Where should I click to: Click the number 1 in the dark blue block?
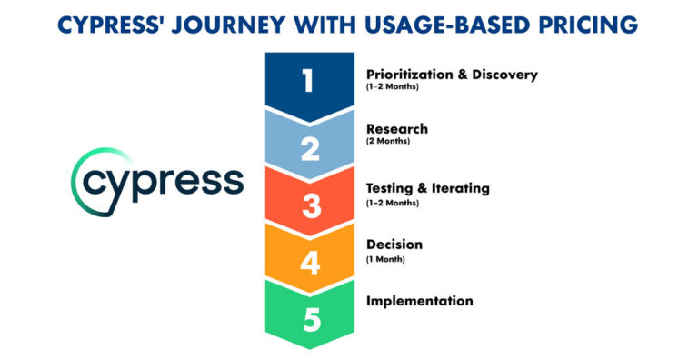(x=310, y=82)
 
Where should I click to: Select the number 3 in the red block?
(x=311, y=205)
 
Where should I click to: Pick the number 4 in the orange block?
(x=311, y=263)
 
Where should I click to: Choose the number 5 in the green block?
(x=311, y=320)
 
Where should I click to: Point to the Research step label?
(x=396, y=129)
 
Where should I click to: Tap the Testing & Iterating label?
(x=427, y=188)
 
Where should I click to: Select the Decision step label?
(x=394, y=245)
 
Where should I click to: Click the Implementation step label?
(x=419, y=301)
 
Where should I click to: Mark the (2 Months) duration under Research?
(x=388, y=142)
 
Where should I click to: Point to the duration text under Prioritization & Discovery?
(x=392, y=86)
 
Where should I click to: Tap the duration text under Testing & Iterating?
(x=392, y=202)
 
